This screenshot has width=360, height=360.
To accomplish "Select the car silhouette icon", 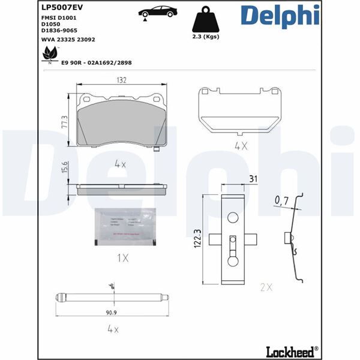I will [157, 12].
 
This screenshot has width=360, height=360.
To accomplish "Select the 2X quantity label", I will [266, 287].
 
